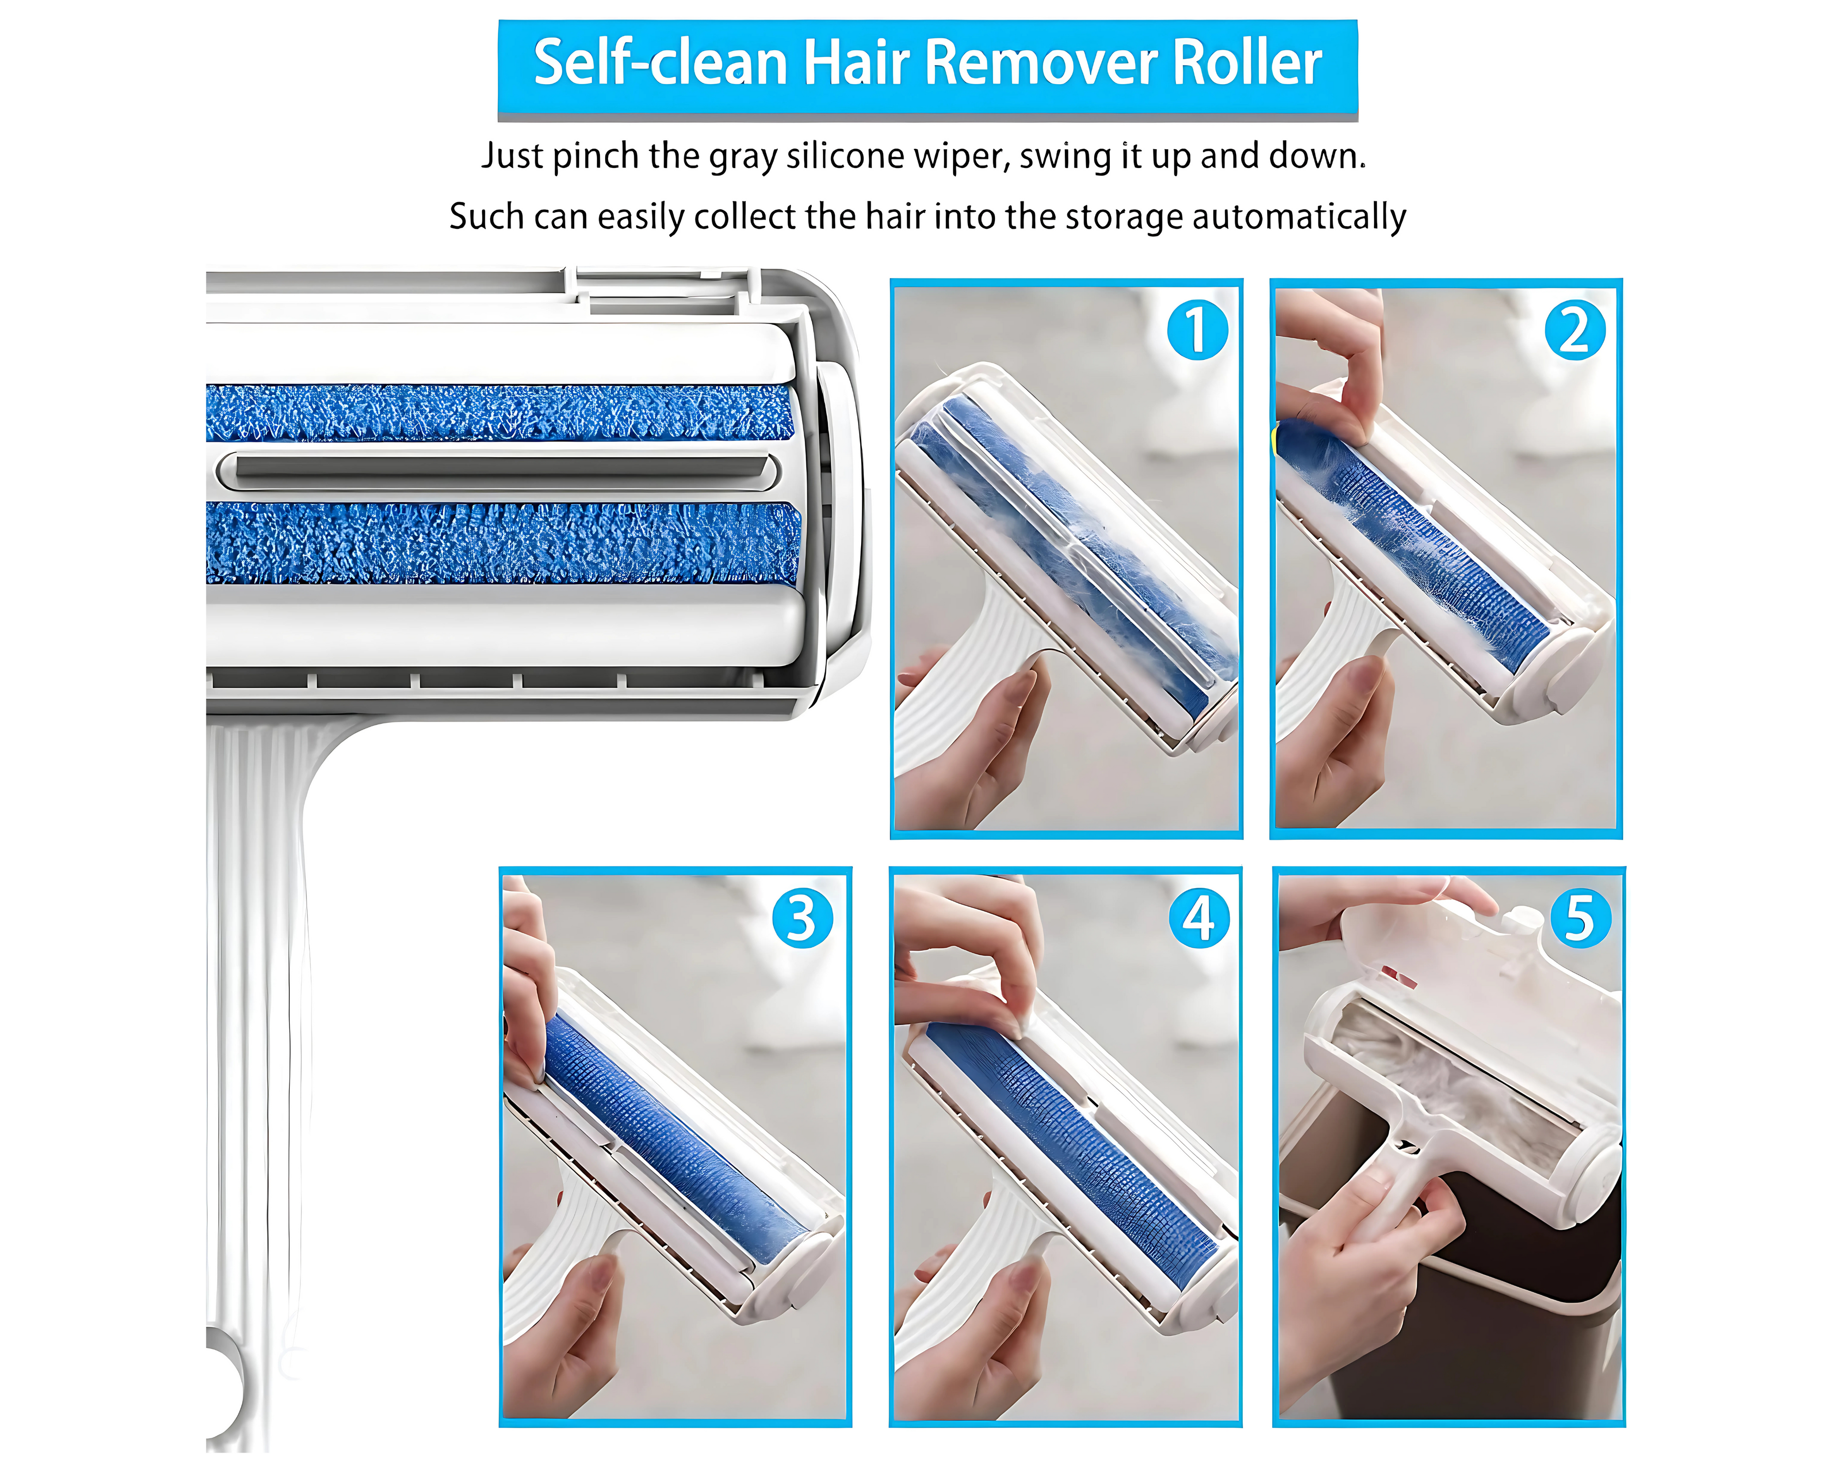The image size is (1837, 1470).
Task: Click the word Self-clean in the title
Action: (x=660, y=63)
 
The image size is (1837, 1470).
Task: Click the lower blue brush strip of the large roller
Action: (x=503, y=543)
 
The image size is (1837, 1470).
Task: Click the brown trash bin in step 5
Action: (x=1449, y=1278)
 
